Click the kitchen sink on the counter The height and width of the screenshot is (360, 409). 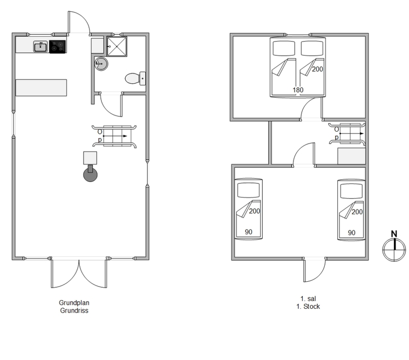(x=40, y=47)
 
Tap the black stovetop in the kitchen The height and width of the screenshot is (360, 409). (x=57, y=47)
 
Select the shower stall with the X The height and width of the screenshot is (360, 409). (x=117, y=46)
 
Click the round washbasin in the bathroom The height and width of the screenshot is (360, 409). (x=101, y=64)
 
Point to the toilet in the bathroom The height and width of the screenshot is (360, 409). (x=135, y=78)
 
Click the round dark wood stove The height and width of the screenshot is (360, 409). (x=90, y=174)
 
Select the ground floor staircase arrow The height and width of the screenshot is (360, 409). (x=115, y=136)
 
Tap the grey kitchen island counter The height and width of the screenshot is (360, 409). (x=41, y=87)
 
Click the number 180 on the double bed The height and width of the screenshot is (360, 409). (x=298, y=90)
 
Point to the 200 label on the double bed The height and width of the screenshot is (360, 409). (x=317, y=69)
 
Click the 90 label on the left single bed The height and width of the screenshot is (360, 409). (x=249, y=232)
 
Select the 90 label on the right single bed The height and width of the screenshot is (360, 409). (x=352, y=233)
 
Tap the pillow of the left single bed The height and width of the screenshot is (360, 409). (x=249, y=190)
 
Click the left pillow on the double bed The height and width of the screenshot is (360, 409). (x=284, y=48)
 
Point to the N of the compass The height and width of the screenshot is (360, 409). (x=394, y=234)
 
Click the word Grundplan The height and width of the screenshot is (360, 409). (x=74, y=303)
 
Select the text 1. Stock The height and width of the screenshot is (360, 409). (x=308, y=307)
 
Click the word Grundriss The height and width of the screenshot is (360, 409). (x=74, y=310)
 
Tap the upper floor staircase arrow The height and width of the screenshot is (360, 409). (x=351, y=133)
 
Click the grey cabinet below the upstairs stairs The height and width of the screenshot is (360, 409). (x=351, y=156)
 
